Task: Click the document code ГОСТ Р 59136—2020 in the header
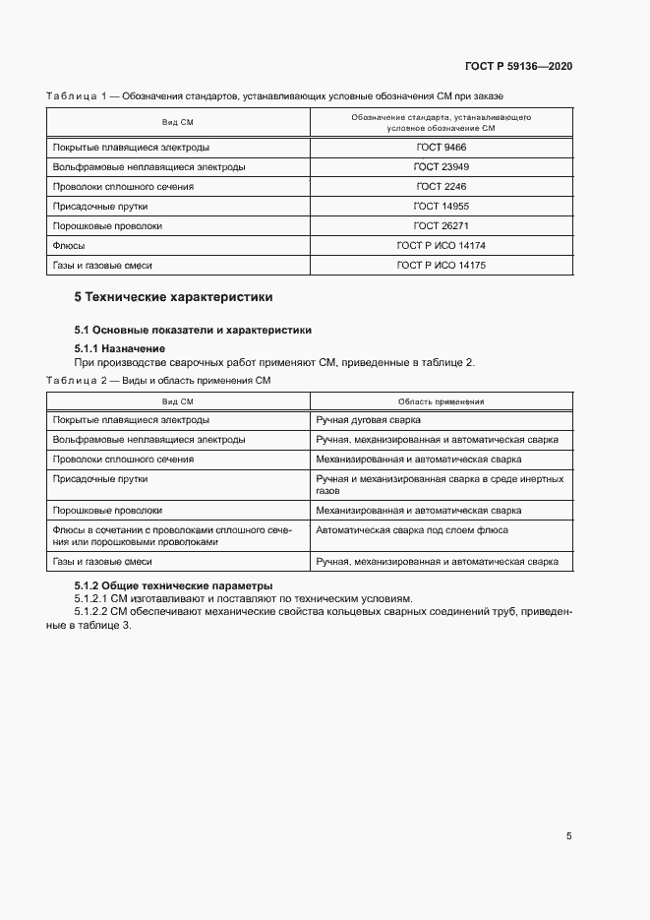pos(518,67)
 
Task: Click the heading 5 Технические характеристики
pos(174,296)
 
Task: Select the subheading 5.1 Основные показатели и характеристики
pos(193,330)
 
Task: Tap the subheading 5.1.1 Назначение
pos(120,348)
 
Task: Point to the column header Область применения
pos(441,401)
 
